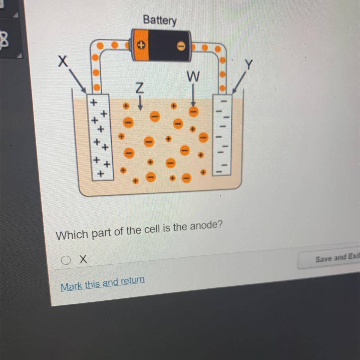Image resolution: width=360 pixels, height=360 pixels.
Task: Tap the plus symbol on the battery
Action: click(141, 45)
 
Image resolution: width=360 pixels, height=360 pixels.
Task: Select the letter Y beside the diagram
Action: click(248, 64)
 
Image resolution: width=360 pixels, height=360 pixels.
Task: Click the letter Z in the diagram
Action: click(139, 88)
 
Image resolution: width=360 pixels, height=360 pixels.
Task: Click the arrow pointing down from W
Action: click(193, 94)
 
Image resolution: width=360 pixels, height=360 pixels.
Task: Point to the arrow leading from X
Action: click(77, 81)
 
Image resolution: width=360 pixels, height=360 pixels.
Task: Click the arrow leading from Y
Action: click(239, 82)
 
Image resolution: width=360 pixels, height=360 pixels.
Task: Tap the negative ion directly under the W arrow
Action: click(193, 112)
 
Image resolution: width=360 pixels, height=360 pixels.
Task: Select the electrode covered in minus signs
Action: click(222, 135)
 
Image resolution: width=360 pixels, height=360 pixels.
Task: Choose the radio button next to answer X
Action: click(66, 260)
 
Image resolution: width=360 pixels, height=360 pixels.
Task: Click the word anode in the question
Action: click(206, 226)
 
